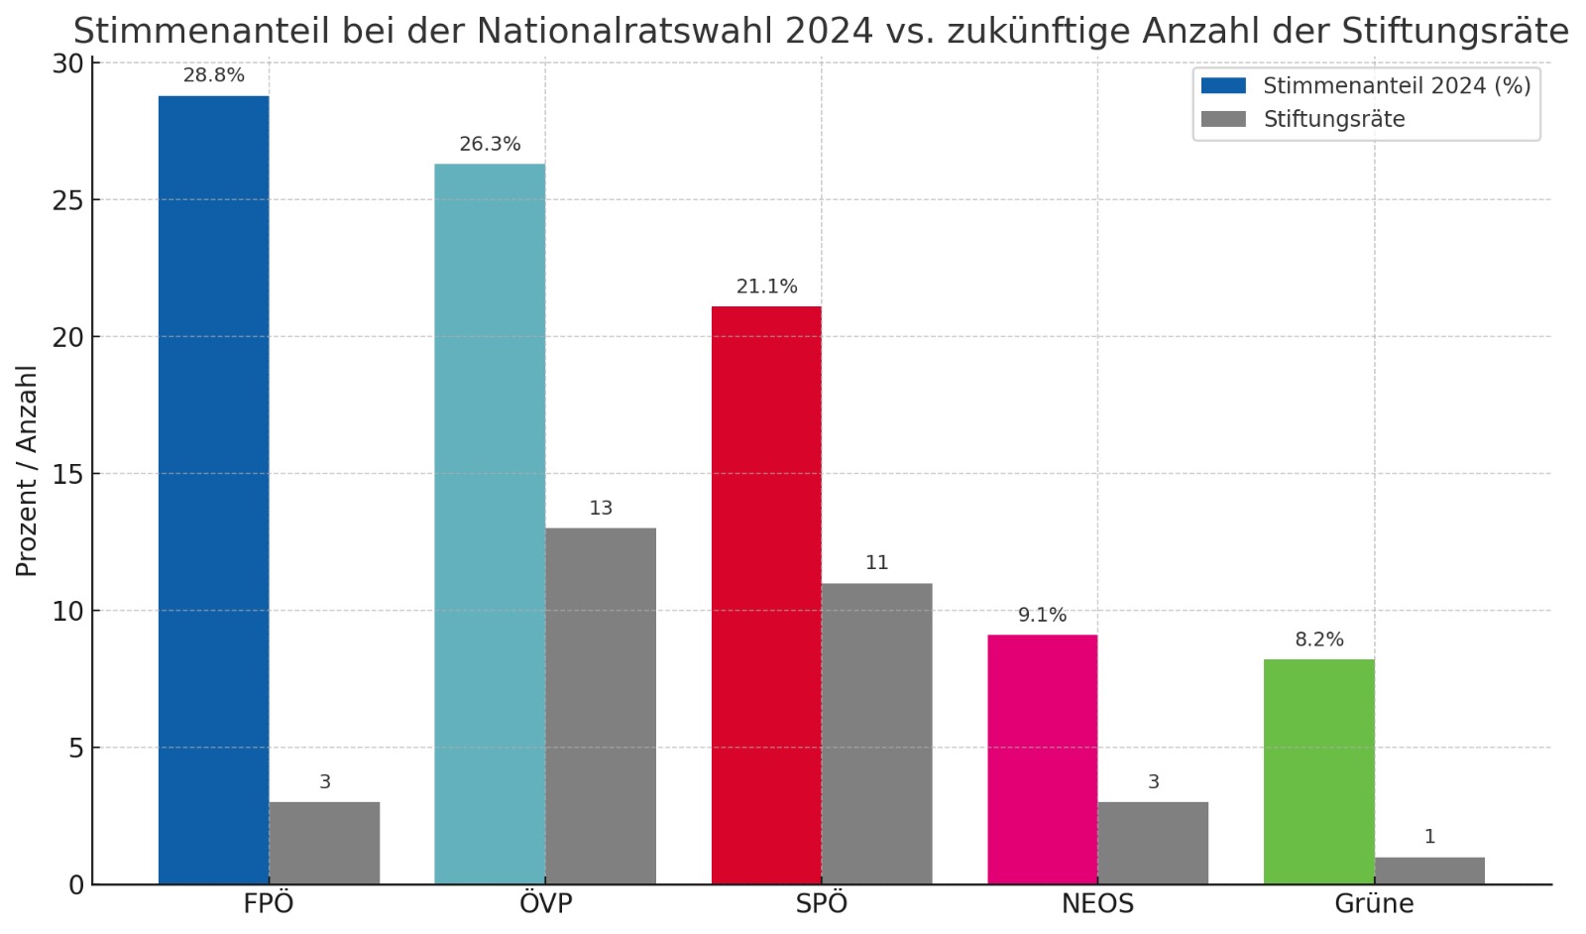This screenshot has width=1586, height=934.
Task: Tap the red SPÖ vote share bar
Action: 766,595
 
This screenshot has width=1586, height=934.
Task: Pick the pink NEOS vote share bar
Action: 1042,759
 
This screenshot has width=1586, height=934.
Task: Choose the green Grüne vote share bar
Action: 1318,771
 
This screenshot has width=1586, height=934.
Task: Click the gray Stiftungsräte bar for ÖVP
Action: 601,705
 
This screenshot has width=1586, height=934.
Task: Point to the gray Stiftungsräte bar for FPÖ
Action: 324,843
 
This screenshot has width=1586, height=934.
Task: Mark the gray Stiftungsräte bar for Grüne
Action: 1429,871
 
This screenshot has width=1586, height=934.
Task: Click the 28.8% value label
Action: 213,75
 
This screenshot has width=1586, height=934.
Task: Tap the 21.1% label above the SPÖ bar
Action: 766,287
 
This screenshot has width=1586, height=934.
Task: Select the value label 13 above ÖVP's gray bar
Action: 601,509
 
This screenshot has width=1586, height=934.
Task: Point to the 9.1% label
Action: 1042,616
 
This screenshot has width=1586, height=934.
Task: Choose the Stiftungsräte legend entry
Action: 1333,120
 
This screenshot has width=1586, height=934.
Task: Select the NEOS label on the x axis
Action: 1097,904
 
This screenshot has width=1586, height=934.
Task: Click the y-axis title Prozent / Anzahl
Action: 27,471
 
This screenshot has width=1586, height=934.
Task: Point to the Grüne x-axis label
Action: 1374,904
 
